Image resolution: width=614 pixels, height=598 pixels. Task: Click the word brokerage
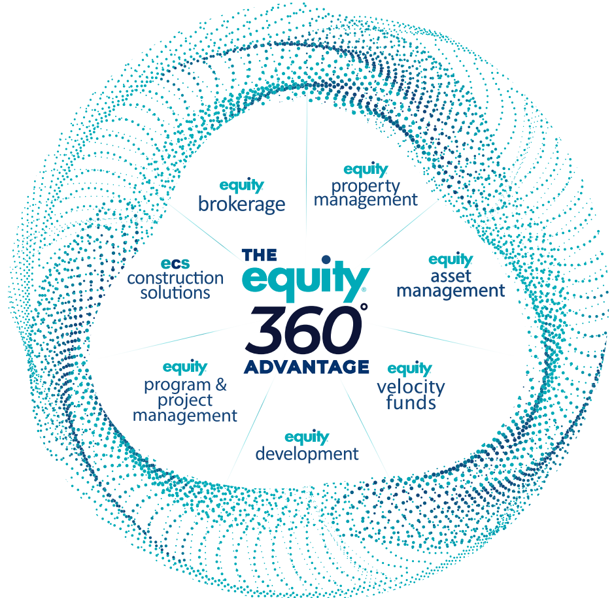[x=241, y=204]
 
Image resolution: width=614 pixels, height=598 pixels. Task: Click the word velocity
[x=411, y=386]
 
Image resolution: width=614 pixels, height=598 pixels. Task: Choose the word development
[x=307, y=453]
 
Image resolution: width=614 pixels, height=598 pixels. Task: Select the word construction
[x=175, y=278]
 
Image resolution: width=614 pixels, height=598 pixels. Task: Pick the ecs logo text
[x=175, y=263]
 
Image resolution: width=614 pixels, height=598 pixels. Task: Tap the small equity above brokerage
[x=241, y=186]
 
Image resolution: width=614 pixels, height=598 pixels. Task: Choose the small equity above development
[x=307, y=437]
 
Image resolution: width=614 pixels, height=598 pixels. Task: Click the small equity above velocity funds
[x=410, y=369]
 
